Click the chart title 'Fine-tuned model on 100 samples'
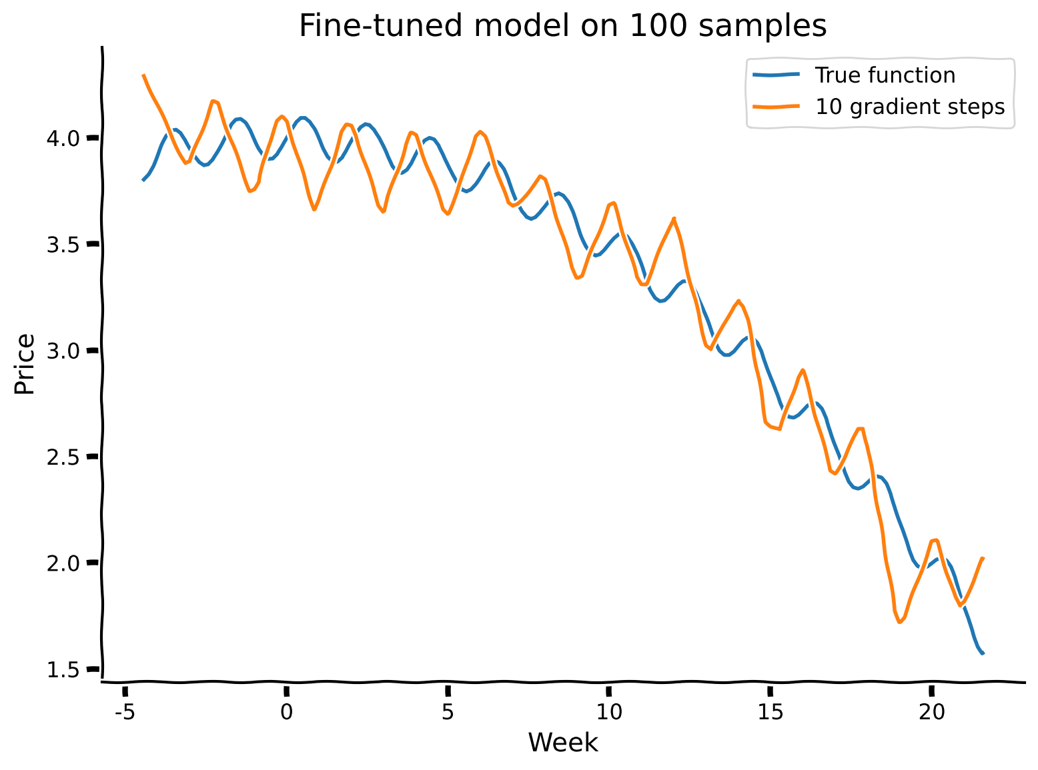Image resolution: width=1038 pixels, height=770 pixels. [562, 27]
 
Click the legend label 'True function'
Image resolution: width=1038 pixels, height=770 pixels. [885, 75]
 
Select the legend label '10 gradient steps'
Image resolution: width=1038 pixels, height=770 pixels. [910, 107]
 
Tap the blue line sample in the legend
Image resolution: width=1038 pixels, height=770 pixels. [776, 75]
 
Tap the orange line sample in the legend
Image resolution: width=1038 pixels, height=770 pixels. [776, 107]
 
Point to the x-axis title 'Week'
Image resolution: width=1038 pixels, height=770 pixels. [562, 743]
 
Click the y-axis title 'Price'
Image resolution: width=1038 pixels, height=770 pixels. [25, 364]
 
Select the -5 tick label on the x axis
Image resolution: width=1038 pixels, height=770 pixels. [125, 713]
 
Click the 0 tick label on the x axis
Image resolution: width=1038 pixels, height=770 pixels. [286, 713]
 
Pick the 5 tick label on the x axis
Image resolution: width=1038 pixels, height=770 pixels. [448, 713]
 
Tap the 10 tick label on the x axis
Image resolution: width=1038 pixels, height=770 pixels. [608, 713]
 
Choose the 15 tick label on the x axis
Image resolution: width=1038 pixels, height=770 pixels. [770, 713]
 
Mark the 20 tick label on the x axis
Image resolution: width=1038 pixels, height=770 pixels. [931, 713]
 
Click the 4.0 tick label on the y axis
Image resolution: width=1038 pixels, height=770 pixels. [63, 139]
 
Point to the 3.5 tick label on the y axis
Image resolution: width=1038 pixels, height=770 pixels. [63, 245]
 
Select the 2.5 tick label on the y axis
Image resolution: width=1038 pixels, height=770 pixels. [63, 457]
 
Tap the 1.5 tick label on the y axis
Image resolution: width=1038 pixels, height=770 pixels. [63, 669]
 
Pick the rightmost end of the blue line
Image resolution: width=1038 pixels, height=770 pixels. [983, 653]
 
